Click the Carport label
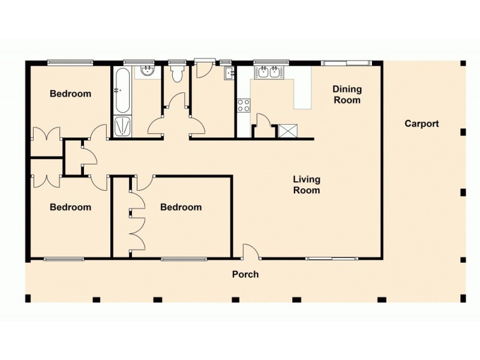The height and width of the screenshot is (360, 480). (x=421, y=124)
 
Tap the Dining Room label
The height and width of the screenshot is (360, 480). (x=347, y=94)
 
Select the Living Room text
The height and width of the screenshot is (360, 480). (x=306, y=184)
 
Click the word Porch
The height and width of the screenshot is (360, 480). (x=245, y=274)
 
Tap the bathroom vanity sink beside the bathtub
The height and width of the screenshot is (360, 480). (x=147, y=72)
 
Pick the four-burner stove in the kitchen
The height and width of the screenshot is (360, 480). (x=244, y=106)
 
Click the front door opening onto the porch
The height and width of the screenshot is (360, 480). (x=251, y=253)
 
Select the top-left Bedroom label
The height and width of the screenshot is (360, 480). (x=70, y=94)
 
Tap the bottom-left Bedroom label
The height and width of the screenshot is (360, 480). (x=70, y=207)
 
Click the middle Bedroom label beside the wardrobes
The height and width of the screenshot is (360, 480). (x=181, y=207)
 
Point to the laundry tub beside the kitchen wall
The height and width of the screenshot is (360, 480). (x=229, y=74)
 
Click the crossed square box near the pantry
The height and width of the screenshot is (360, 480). (x=288, y=131)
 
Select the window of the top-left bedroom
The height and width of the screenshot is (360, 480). (x=70, y=61)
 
